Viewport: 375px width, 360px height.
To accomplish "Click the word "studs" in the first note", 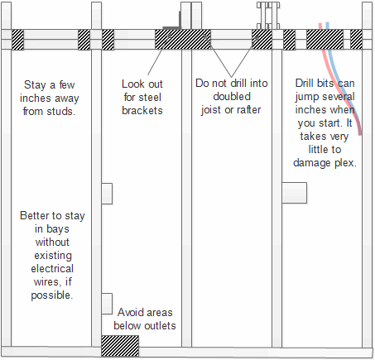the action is [60, 112].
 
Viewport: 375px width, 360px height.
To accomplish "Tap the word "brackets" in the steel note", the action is [142, 110].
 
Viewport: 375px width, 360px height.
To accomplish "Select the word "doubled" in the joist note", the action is [232, 97].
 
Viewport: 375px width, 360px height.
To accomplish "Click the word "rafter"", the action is [248, 110].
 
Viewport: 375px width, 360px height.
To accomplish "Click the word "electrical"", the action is [52, 268].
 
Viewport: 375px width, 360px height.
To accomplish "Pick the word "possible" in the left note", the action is [52, 295].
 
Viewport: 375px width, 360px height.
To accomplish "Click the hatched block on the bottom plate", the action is [120, 346].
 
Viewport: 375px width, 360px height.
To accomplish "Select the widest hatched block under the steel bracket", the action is [183, 40].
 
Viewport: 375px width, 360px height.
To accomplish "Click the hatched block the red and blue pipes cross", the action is [325, 40].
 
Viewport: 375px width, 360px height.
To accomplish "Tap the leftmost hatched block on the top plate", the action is [17, 40].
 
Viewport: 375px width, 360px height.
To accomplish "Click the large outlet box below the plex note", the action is [295, 193].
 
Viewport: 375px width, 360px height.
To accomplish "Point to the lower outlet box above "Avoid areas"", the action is [107, 304].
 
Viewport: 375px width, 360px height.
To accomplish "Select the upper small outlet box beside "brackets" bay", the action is [107, 194].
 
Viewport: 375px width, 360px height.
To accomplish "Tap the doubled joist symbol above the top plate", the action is [268, 16].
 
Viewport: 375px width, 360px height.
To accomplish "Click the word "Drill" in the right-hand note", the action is [304, 84].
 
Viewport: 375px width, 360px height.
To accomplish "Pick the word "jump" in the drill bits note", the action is [305, 97].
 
